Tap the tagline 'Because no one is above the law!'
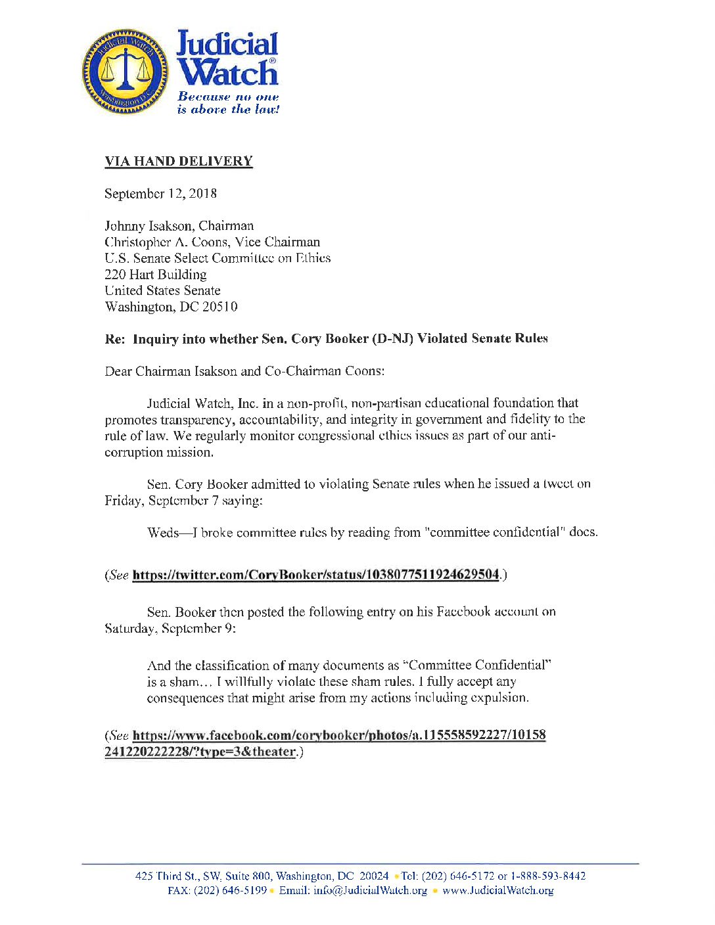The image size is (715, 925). (x=228, y=103)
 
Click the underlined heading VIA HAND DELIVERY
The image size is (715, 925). (x=178, y=161)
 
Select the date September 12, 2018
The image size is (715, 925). (x=160, y=194)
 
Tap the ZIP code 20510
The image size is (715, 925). (x=220, y=307)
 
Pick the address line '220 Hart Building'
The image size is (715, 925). (x=156, y=275)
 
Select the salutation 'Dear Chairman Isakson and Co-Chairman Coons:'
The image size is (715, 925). (x=244, y=371)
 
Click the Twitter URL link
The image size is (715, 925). (x=315, y=575)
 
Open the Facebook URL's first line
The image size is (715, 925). (x=339, y=735)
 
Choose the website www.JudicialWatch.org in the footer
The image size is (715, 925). (x=497, y=891)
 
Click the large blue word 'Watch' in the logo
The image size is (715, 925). (x=228, y=72)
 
